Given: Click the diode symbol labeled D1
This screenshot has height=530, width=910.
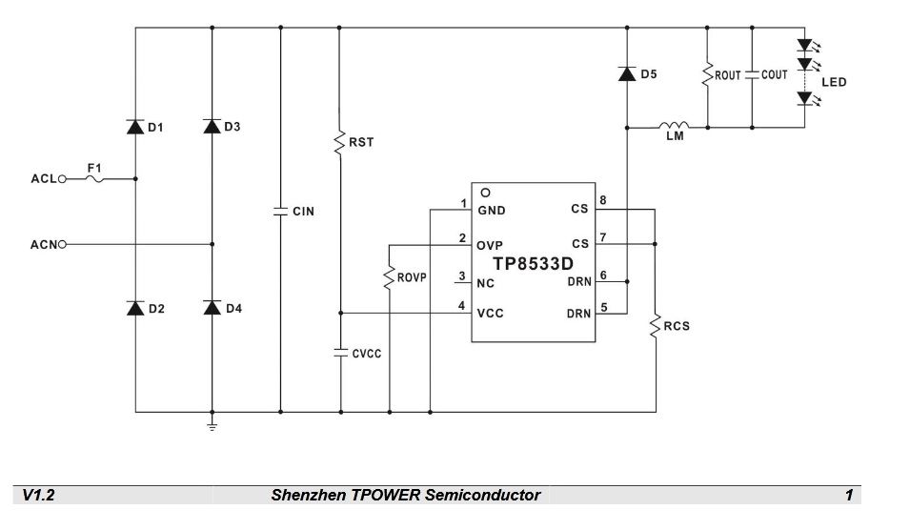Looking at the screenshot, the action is coord(135,127).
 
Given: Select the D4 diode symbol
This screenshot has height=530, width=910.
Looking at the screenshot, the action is coord(212,307).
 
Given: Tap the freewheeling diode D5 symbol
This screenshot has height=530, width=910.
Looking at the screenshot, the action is coord(627,73).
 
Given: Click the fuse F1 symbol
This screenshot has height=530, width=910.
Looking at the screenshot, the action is coord(94,179).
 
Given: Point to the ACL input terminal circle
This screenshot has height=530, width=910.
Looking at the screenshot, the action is coord(62,179).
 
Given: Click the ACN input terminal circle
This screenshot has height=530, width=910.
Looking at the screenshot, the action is coord(62,244).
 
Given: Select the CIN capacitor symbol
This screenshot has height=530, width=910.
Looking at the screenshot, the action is coord(280,212).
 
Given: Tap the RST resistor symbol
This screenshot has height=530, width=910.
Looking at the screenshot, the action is coord(339,143).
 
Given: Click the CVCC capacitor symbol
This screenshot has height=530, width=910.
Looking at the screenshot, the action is coord(341,353).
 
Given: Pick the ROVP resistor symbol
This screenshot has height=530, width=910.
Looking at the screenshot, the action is coord(389,277).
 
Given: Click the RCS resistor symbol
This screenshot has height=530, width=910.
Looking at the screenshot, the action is coord(656,326).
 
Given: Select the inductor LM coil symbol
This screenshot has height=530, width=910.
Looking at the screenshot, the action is coord(674,125).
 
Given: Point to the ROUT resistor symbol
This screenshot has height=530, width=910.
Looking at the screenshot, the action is coord(707,75).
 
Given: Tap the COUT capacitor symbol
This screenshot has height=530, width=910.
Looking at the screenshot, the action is coord(752,75).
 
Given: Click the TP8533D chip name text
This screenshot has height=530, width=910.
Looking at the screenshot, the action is coord(533,263).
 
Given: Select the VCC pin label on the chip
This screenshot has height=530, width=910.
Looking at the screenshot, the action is coord(491,314).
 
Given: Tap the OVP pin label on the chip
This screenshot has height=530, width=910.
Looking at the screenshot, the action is coord(490,246).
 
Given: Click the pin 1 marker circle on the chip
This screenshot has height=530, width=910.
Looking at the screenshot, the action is coord(485,193).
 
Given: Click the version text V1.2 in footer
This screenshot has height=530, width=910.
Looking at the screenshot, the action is coord(38,495).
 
